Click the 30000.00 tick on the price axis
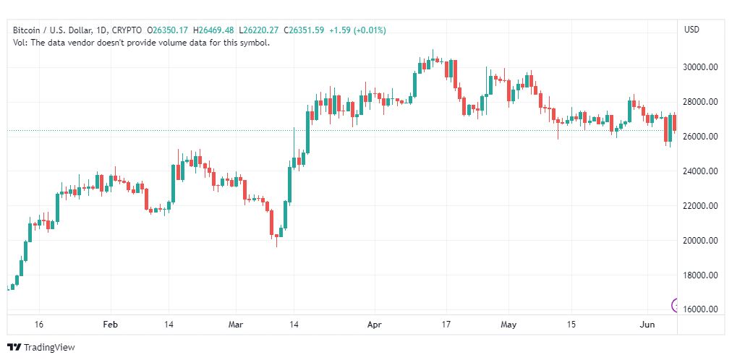click(x=701, y=67)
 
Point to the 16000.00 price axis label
click(x=701, y=309)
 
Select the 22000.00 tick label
click(x=701, y=205)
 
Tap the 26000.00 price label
click(x=701, y=137)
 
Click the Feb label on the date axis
click(x=111, y=325)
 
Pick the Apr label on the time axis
click(x=375, y=325)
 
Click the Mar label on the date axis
click(x=236, y=325)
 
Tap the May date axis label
click(x=508, y=325)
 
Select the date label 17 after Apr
click(x=446, y=325)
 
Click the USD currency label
click(x=691, y=30)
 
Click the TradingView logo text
click(x=49, y=348)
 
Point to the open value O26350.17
click(x=168, y=30)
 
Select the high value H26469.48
click(x=216, y=30)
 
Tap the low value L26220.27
click(x=259, y=30)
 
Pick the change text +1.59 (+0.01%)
click(x=357, y=30)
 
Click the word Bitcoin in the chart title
click(x=25, y=30)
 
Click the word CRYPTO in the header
click(x=127, y=30)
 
